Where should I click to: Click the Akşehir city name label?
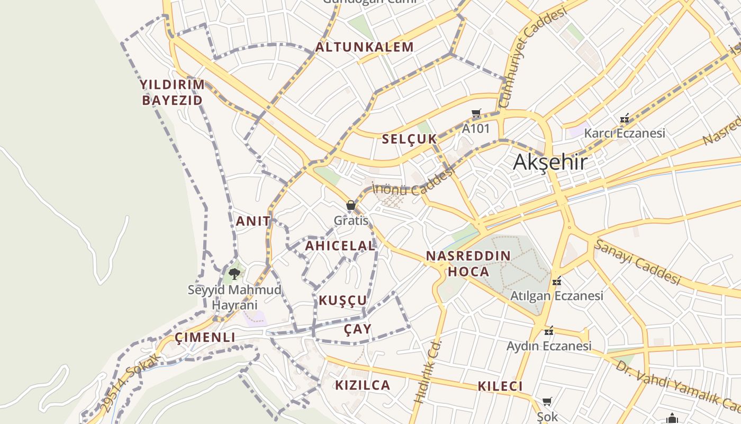point(550,162)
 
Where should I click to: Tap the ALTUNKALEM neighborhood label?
point(365,47)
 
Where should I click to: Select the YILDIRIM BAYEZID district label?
point(172,92)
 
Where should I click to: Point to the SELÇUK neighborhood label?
point(410,139)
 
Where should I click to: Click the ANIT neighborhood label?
point(253,221)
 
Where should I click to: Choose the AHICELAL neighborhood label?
point(340,246)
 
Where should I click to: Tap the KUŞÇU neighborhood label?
point(342,301)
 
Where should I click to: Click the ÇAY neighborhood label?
point(358,329)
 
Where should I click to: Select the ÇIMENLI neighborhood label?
point(205,338)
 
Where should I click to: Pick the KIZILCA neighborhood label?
point(363,385)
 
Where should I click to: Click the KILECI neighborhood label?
point(500,386)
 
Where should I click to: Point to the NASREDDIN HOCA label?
point(468,264)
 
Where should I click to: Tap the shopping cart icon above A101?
point(476,113)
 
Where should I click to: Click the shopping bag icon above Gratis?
point(350,205)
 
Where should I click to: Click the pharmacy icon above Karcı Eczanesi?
point(625,118)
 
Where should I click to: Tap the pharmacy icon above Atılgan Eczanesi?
point(556,281)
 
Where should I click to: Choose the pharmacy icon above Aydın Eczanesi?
point(549,331)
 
